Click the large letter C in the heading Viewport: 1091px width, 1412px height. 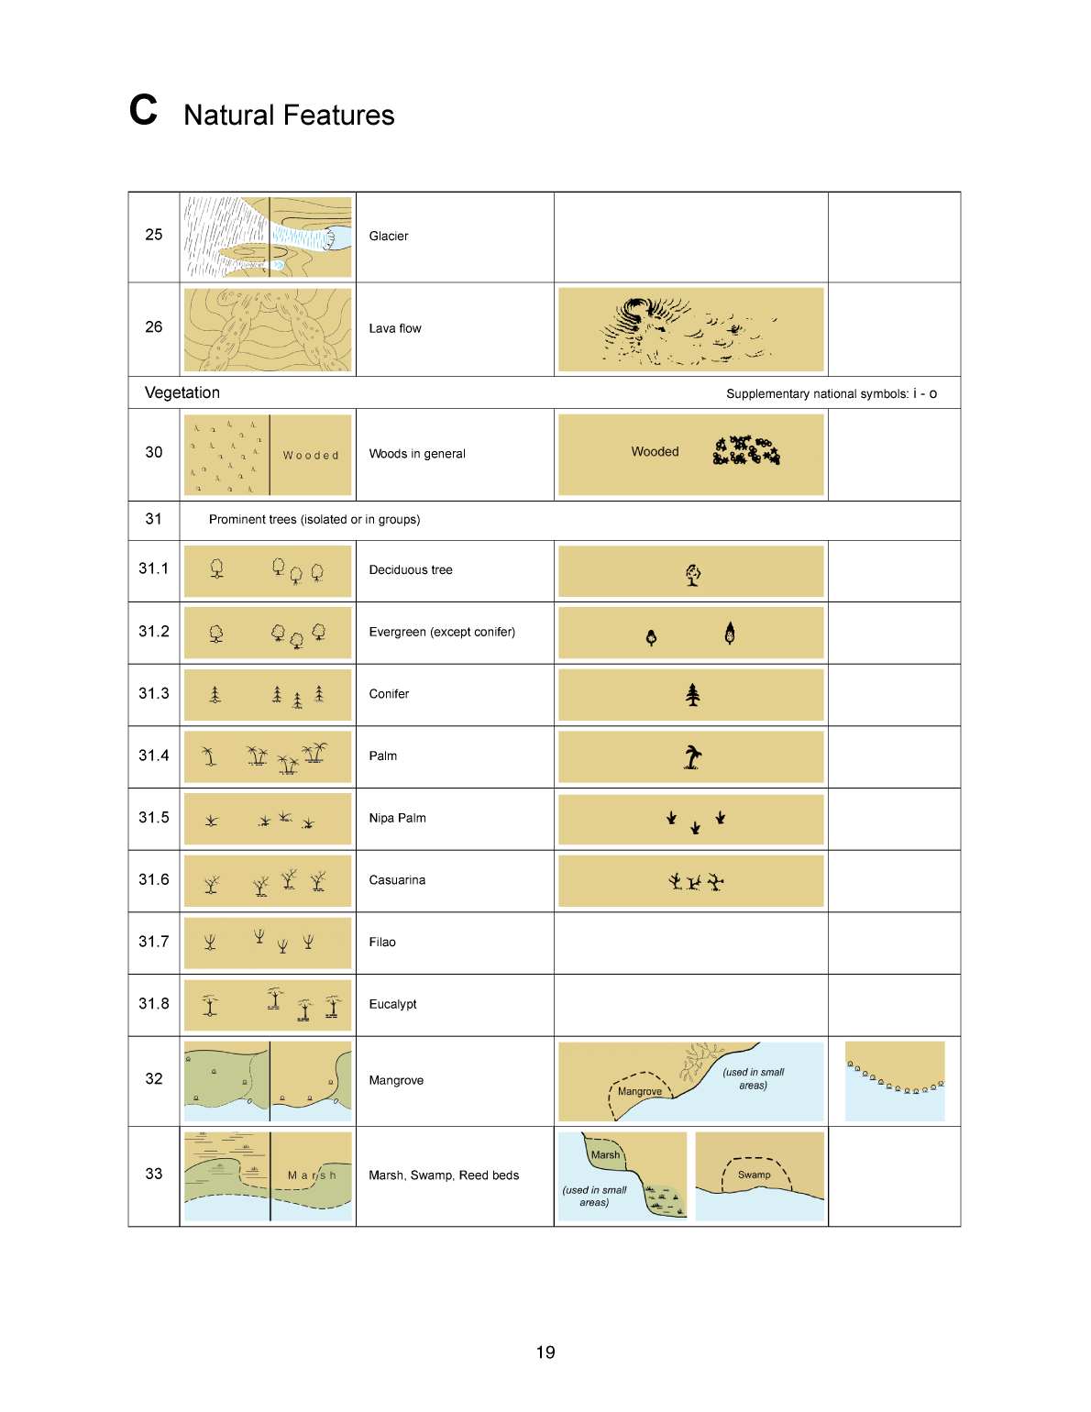click(x=143, y=110)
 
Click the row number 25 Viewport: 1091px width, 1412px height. click(x=154, y=235)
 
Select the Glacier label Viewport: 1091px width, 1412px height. click(x=389, y=237)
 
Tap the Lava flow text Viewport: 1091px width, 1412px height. click(x=395, y=328)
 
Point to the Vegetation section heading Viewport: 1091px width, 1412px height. click(x=182, y=392)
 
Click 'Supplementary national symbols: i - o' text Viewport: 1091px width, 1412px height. click(x=831, y=394)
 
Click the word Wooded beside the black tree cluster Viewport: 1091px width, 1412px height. click(x=655, y=452)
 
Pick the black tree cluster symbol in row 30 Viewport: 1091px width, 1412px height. click(x=746, y=450)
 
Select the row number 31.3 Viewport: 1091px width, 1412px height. click(x=154, y=693)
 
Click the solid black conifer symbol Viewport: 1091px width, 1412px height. click(x=693, y=695)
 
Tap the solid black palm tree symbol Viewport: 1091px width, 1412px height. click(x=693, y=756)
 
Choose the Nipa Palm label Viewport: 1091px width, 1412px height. click(x=397, y=818)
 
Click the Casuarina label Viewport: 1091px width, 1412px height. click(x=397, y=880)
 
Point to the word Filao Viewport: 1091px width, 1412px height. click(x=382, y=942)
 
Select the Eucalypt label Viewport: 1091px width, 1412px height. click(x=392, y=1004)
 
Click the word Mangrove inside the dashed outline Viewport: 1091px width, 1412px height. click(x=640, y=1091)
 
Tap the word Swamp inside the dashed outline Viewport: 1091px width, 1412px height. click(x=755, y=1175)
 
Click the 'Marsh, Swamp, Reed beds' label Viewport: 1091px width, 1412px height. click(x=444, y=1175)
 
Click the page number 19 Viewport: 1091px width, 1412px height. click(x=545, y=1352)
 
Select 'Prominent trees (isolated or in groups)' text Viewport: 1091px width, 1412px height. click(x=314, y=520)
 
